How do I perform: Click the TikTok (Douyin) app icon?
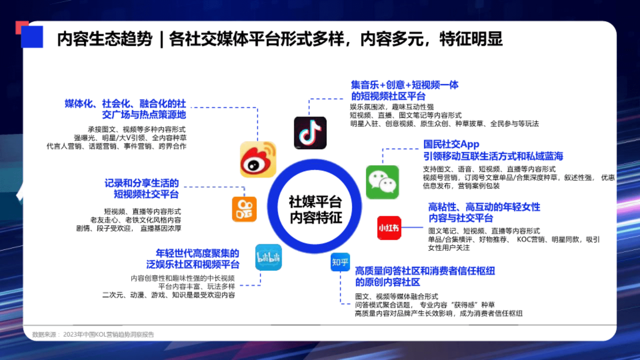tap(310, 133)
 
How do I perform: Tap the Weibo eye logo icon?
tap(258, 159)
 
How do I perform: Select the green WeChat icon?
tap(382, 182)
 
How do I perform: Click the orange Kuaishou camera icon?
tap(244, 209)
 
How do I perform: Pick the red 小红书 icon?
tap(389, 228)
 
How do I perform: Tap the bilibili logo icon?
tap(268, 257)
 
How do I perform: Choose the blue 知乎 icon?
tap(340, 262)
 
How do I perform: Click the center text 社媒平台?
tap(315, 202)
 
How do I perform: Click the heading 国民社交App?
tap(451, 144)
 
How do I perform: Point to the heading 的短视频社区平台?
tap(388, 96)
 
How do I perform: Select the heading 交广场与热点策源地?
tap(144, 115)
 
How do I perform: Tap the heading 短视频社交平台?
tap(146, 194)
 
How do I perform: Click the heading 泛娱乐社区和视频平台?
tap(193, 265)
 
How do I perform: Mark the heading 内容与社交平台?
tap(461, 218)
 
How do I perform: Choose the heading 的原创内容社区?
tap(387, 282)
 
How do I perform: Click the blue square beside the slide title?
tap(32, 37)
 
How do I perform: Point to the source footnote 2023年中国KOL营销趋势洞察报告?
tap(109, 334)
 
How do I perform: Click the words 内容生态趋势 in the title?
tap(105, 39)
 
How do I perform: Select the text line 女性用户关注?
tap(449, 248)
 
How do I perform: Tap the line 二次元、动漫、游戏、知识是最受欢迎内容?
tap(169, 295)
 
